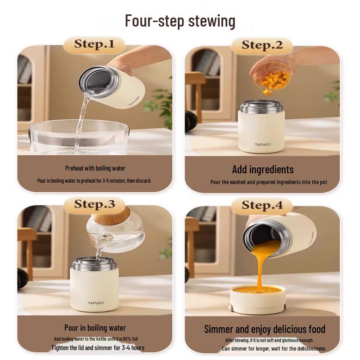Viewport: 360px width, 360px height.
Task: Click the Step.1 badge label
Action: [x=94, y=44]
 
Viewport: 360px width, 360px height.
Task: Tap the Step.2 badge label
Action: [x=262, y=45]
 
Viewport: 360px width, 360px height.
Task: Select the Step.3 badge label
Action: [x=94, y=204]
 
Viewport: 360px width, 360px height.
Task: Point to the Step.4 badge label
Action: [x=262, y=205]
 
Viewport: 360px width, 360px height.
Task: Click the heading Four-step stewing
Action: [x=180, y=21]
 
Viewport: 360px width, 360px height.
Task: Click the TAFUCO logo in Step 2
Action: [x=262, y=144]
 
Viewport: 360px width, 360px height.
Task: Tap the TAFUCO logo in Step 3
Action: [x=95, y=303]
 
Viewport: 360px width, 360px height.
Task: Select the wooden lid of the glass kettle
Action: [x=111, y=215]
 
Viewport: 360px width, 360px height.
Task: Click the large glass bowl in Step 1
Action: [x=78, y=137]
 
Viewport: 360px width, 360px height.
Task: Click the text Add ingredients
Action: [x=263, y=170]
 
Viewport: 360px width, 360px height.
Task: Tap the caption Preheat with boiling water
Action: [x=95, y=168]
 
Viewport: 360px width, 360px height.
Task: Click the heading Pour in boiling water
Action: [x=95, y=328]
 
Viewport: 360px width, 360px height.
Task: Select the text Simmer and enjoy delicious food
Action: [x=265, y=329]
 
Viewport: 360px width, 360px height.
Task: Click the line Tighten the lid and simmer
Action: [x=98, y=347]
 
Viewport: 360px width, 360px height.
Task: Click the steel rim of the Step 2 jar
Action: [x=261, y=106]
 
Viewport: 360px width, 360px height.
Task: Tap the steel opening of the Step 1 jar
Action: [x=99, y=81]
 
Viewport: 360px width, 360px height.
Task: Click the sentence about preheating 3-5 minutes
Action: [x=94, y=181]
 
